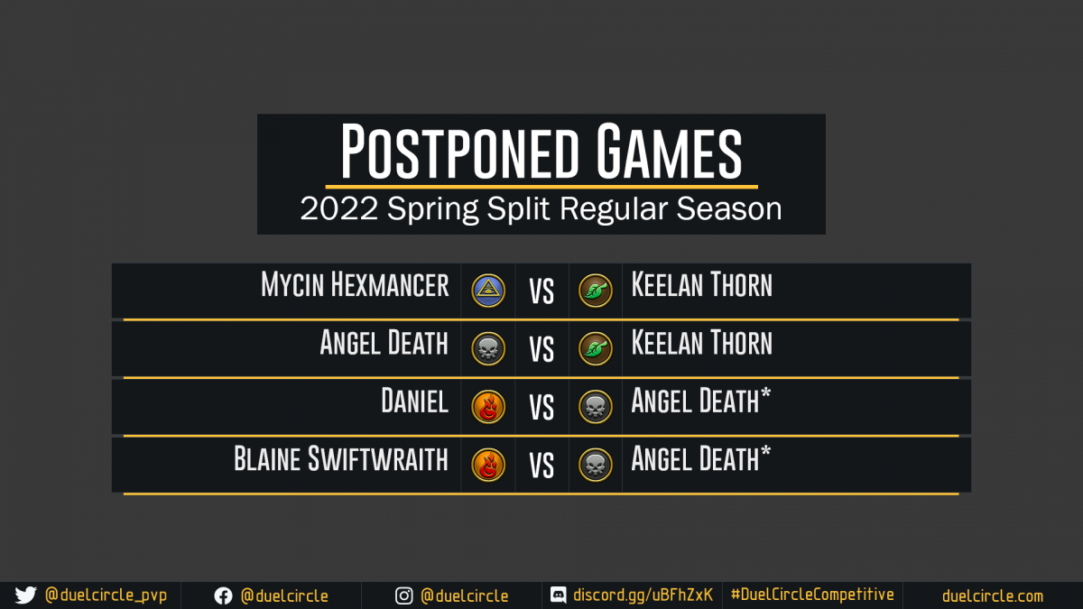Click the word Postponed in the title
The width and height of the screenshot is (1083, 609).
tap(459, 151)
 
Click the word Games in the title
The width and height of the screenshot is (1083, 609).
tap(669, 151)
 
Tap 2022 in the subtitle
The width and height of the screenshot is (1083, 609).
tap(338, 208)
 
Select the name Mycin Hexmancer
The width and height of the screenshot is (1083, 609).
tap(355, 284)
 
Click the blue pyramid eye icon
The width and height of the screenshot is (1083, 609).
tap(488, 291)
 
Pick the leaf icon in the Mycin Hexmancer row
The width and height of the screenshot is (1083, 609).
tap(595, 291)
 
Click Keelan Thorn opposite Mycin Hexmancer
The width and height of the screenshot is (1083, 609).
tap(701, 284)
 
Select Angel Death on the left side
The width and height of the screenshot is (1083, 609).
tap(384, 343)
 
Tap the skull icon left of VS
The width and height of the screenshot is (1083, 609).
tap(488, 348)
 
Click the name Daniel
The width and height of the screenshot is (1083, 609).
tap(415, 401)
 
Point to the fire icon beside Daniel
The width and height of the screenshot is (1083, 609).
tap(488, 407)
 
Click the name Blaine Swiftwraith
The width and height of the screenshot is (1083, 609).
tap(341, 458)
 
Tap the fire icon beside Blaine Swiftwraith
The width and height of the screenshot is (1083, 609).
tap(488, 465)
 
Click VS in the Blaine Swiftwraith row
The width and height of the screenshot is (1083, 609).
tap(541, 466)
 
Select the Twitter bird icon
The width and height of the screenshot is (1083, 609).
tap(25, 595)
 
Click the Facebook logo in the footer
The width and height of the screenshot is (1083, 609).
tap(224, 596)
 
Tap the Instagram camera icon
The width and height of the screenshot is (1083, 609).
tap(403, 596)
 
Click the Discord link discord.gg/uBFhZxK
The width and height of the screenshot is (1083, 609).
tap(643, 595)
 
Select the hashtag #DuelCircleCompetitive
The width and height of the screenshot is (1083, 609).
tap(812, 594)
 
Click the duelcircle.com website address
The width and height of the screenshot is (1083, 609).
tap(993, 596)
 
